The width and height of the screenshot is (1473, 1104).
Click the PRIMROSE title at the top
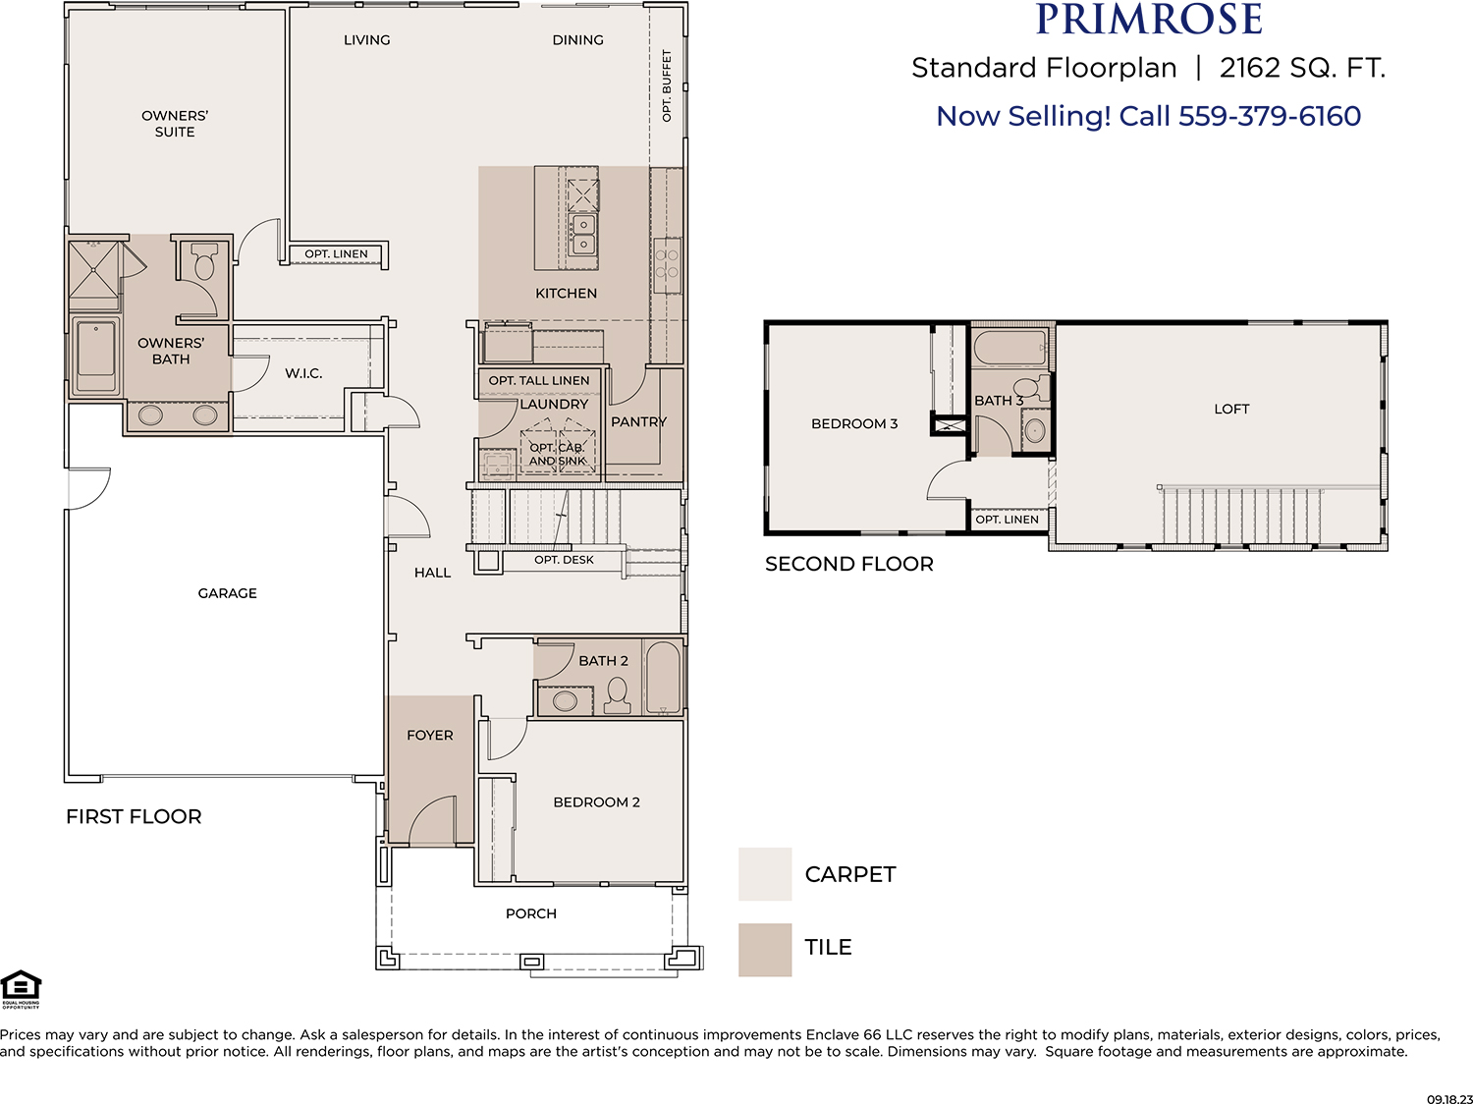coord(1148,19)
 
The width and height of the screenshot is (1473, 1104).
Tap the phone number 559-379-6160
coord(1270,116)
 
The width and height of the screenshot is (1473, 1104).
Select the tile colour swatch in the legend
coord(765,950)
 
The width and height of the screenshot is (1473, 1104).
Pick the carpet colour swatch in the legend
coord(765,874)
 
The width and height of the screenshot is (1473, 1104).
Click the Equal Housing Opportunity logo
coord(21,989)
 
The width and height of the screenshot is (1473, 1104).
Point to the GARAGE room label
coord(228,593)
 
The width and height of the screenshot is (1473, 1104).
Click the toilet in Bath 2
coord(617,695)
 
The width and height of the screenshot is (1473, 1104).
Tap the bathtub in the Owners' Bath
coord(96,355)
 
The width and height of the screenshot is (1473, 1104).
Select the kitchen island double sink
coord(583,234)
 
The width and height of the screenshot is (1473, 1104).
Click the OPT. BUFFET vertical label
coord(667,85)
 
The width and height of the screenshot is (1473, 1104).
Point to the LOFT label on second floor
coord(1231,409)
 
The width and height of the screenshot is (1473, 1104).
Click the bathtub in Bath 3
coord(1009,348)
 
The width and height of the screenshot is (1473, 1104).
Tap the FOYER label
coord(429,735)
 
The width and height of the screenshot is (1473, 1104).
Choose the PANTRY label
coord(638,421)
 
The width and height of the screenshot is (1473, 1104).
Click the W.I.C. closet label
coord(303,373)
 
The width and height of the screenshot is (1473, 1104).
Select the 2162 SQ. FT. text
coord(1302,68)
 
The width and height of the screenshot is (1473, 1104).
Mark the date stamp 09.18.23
coord(1449,1099)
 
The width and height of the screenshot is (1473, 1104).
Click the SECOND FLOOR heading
coord(848,564)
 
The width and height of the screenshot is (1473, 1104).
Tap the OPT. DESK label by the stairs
coord(564,560)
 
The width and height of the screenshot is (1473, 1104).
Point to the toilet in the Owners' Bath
coord(204,261)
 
